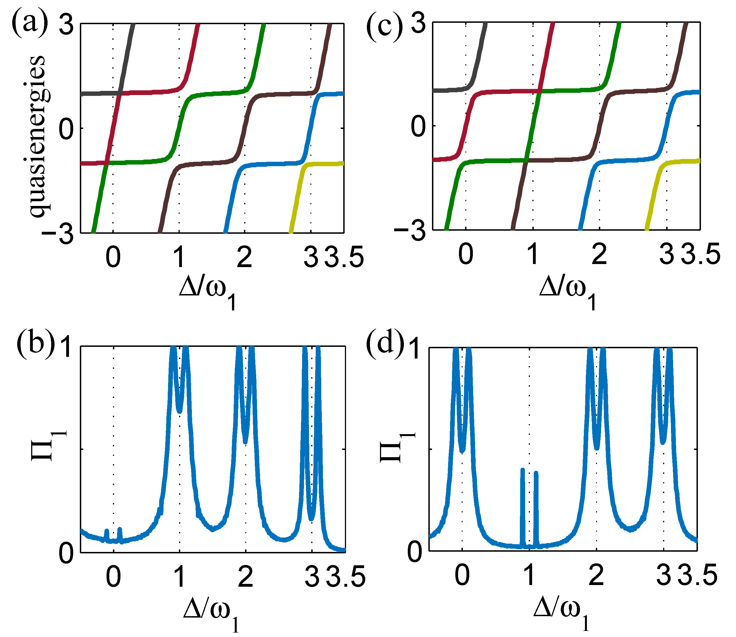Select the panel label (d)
point(385,344)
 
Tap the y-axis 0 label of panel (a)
point(66,129)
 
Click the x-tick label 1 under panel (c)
point(532,254)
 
